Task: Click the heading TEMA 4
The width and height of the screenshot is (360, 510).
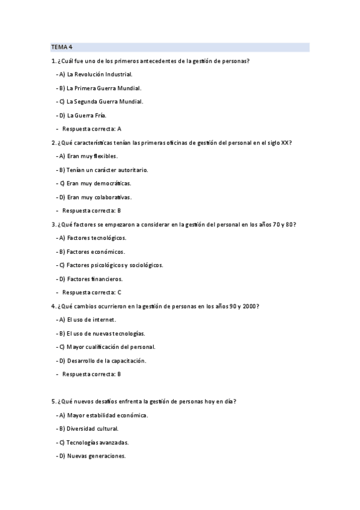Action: (x=61, y=47)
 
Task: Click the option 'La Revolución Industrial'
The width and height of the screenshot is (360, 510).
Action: (x=99, y=75)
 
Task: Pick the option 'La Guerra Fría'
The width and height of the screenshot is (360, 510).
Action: (x=87, y=115)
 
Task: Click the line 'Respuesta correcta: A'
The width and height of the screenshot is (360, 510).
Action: (x=91, y=129)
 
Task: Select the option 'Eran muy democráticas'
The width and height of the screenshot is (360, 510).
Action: (x=99, y=183)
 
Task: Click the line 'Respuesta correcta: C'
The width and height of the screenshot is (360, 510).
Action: (x=91, y=292)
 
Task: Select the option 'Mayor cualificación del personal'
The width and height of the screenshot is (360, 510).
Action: (x=111, y=347)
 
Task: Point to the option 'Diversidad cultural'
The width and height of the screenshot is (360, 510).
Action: (x=93, y=429)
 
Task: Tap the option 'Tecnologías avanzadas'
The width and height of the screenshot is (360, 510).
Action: (x=97, y=443)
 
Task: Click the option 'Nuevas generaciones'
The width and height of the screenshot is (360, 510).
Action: (x=96, y=456)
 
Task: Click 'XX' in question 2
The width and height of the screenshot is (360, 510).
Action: (x=285, y=143)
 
